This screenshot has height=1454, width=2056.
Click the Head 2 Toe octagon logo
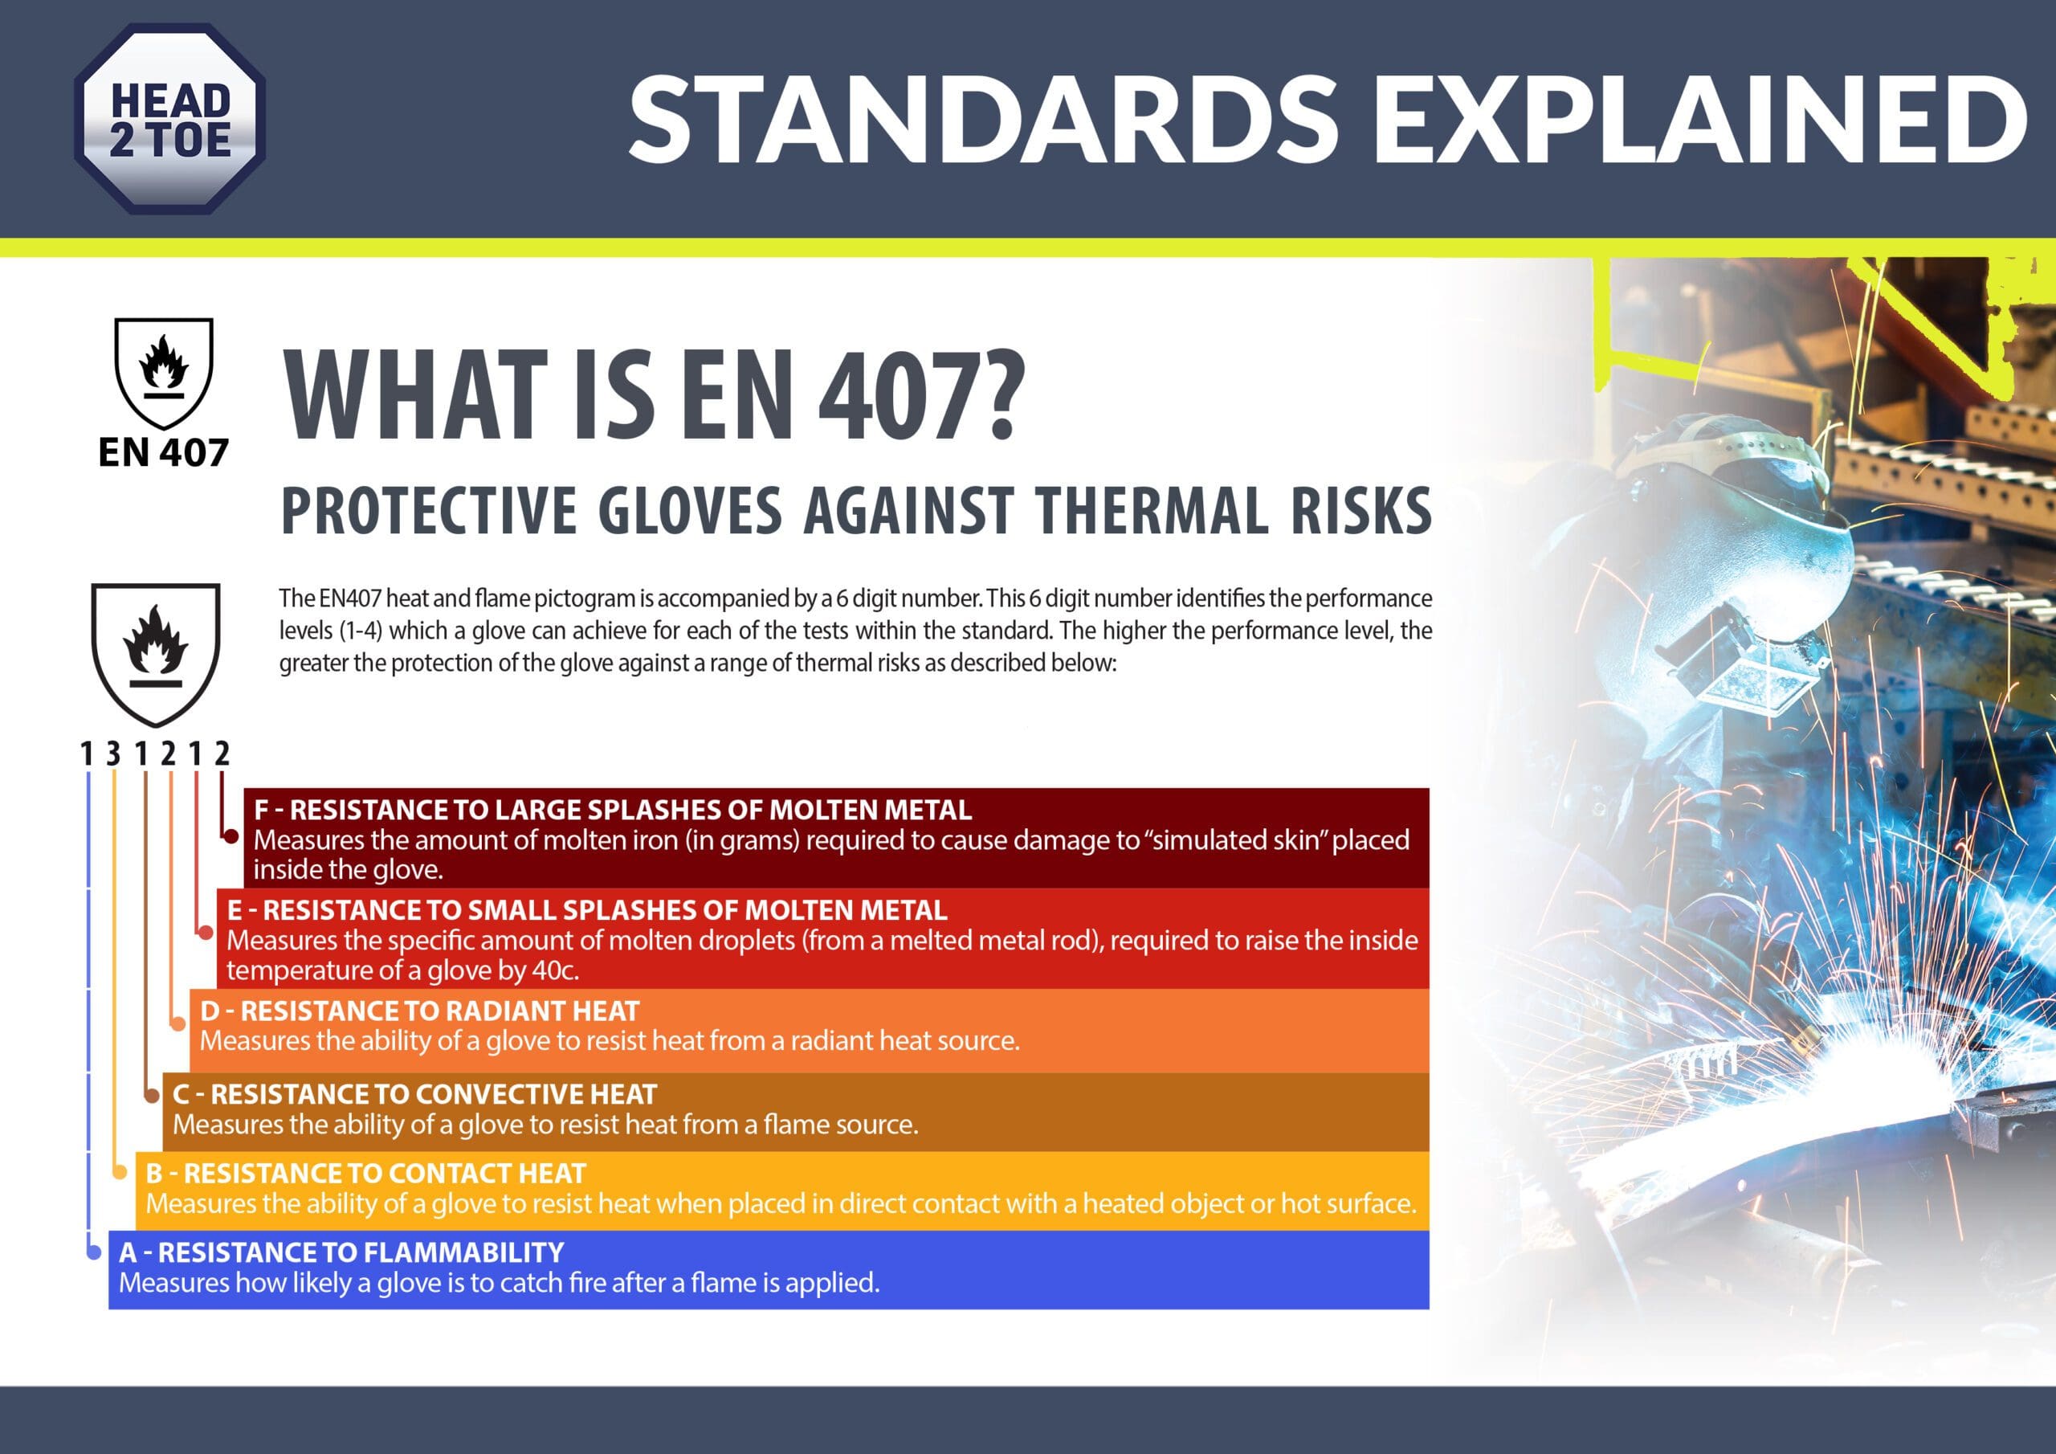pos(169,118)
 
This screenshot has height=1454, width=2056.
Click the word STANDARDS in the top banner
pos(983,119)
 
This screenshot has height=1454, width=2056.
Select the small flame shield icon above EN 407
pos(164,373)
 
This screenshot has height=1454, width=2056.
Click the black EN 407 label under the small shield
pos(163,452)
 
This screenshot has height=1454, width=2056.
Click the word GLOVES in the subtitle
pos(690,511)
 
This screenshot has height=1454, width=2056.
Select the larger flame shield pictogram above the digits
pos(156,654)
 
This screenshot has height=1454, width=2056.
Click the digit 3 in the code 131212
pos(112,754)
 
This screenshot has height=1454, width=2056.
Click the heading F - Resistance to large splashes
pos(613,810)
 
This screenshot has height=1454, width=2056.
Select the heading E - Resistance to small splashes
pos(586,910)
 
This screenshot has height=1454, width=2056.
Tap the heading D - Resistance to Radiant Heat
pos(419,1011)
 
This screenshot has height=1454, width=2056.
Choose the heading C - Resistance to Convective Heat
pos(414,1094)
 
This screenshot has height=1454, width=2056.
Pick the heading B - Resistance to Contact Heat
pos(365,1173)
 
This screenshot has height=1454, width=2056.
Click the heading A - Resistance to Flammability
pos(341,1252)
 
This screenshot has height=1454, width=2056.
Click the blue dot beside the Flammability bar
pos(94,1252)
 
